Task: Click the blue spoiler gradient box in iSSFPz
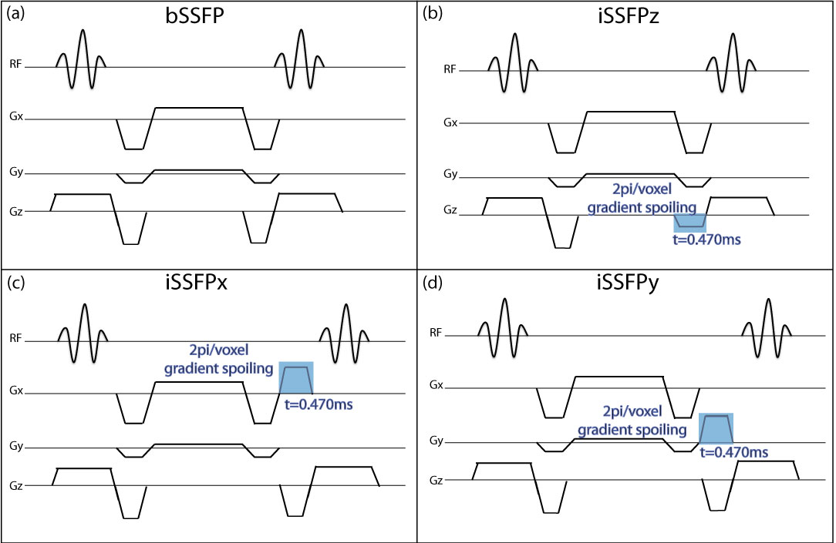[689, 221]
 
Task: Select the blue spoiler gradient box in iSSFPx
[296, 377]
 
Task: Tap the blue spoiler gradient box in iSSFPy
[716, 428]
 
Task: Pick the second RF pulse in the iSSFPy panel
[767, 327]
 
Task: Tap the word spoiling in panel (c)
[248, 369]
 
